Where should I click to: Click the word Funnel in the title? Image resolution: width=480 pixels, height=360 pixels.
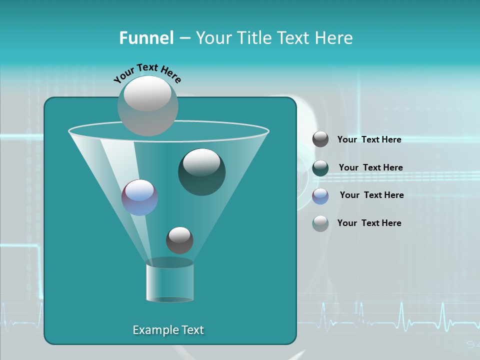(x=146, y=38)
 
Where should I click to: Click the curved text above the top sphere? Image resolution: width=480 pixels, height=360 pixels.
(x=147, y=72)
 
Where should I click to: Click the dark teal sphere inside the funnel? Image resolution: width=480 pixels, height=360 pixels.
(x=201, y=172)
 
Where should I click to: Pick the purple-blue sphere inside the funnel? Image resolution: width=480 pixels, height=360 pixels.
(x=139, y=197)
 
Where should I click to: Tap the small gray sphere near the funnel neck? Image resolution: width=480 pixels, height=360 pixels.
(x=179, y=240)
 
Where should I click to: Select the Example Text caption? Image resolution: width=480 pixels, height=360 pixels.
(x=168, y=330)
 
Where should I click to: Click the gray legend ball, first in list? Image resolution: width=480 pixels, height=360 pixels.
(x=320, y=139)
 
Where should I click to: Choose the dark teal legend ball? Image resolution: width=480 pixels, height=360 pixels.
(x=320, y=168)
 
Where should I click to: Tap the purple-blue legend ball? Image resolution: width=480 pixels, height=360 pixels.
(x=320, y=195)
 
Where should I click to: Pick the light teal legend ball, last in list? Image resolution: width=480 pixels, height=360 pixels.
(x=320, y=223)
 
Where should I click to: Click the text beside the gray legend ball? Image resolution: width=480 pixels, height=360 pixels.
(x=369, y=140)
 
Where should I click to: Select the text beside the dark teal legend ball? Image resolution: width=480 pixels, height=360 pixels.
(x=370, y=168)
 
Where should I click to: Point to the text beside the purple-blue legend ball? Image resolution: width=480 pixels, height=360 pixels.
(x=371, y=195)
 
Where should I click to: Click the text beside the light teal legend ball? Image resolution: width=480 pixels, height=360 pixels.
(x=369, y=223)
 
